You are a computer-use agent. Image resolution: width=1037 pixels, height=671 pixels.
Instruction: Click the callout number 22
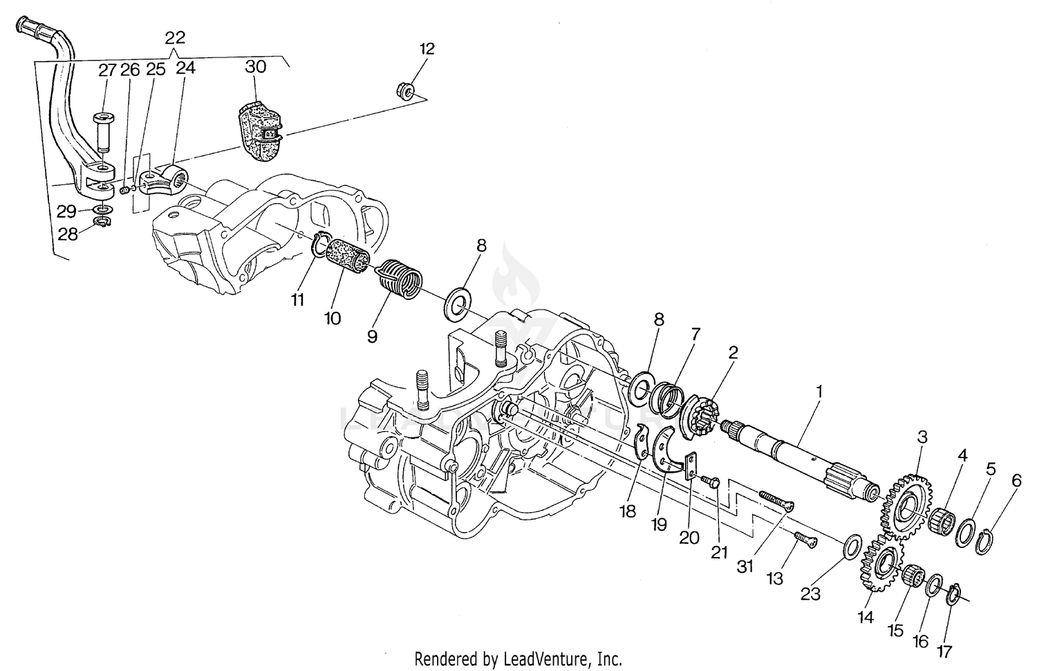175,38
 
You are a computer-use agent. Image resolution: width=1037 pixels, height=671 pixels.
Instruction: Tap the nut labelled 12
406,91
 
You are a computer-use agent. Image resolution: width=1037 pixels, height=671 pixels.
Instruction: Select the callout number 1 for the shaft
819,393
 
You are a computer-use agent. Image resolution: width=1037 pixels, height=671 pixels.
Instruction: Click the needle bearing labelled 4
941,522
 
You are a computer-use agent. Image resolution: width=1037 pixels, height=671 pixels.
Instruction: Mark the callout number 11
298,300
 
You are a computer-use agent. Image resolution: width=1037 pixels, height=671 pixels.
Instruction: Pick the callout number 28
68,234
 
